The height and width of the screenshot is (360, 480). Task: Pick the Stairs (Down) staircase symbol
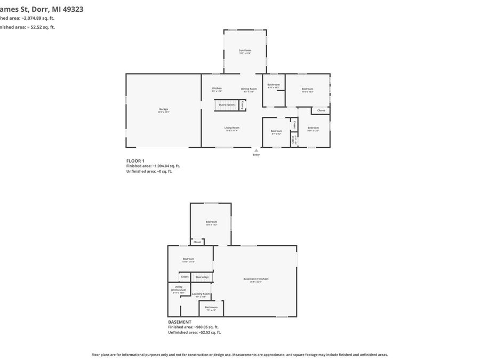(226, 105)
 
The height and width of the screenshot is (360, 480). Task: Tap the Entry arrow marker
(257, 150)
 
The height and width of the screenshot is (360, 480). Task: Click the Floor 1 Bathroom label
(274, 85)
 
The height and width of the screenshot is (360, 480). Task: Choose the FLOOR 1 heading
(135, 161)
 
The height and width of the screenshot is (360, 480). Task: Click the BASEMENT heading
(180, 322)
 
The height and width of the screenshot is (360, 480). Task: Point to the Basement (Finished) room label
(255, 279)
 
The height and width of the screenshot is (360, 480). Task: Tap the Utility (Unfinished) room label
(178, 289)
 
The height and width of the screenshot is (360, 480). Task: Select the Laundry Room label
(201, 294)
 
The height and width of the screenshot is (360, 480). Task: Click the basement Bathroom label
(211, 308)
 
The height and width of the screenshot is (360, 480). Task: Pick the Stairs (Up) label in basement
(202, 277)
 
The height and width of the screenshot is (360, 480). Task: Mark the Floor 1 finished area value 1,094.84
(162, 166)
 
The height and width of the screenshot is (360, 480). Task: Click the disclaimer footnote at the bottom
(239, 355)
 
